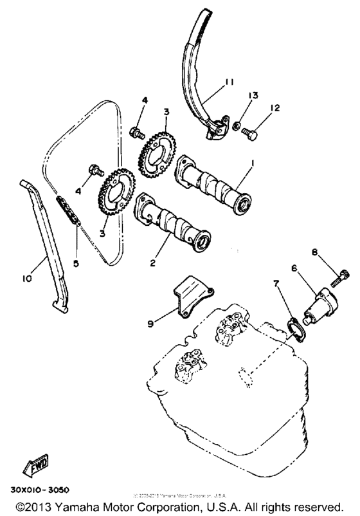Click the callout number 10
(27, 279)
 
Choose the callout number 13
(253, 95)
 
